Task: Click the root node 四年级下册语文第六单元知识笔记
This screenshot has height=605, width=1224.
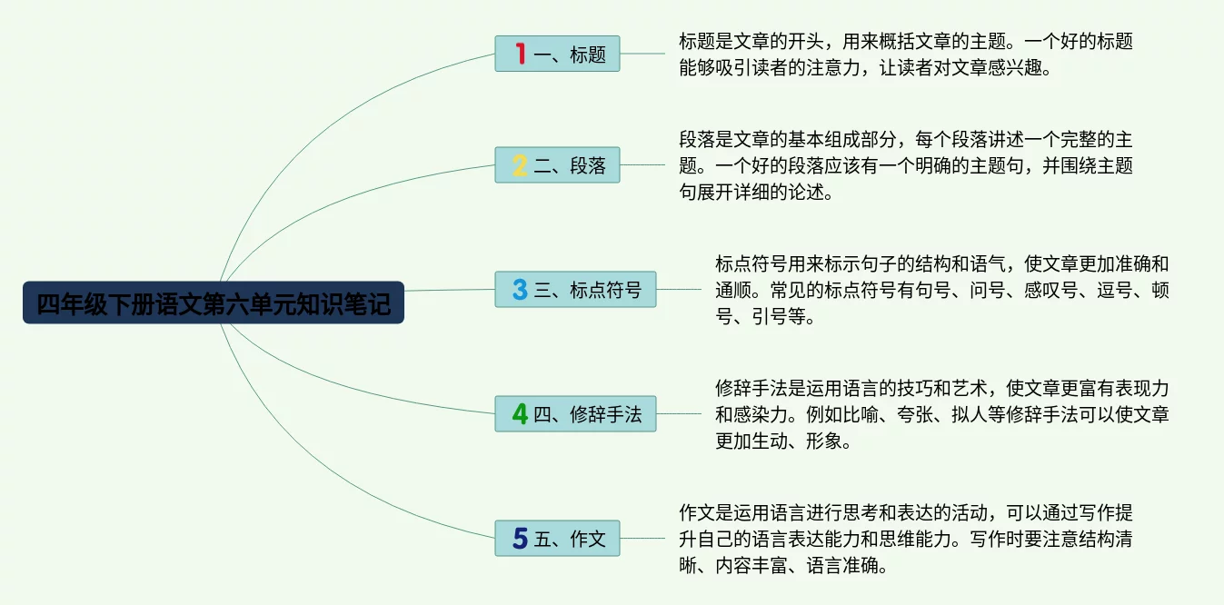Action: pyautogui.click(x=214, y=303)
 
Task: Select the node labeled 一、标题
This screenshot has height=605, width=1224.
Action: pyautogui.click(x=557, y=54)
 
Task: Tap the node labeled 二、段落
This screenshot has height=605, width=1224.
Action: pyautogui.click(x=557, y=165)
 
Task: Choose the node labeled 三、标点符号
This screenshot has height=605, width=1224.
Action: pyautogui.click(x=575, y=289)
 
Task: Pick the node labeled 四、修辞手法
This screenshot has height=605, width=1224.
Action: pyautogui.click(x=575, y=413)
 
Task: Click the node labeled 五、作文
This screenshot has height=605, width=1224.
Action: pyautogui.click(x=557, y=538)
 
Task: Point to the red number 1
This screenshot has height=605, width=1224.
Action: pyautogui.click(x=520, y=54)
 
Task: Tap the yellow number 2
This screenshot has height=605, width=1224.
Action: pyautogui.click(x=520, y=165)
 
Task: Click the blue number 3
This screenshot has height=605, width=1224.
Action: pyautogui.click(x=520, y=289)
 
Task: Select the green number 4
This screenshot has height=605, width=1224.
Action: pyautogui.click(x=520, y=413)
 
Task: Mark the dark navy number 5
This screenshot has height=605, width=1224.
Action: pyautogui.click(x=520, y=538)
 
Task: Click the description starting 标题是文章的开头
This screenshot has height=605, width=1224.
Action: pyautogui.click(x=905, y=54)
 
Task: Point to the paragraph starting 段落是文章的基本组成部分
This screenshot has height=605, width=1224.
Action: pyautogui.click(x=905, y=165)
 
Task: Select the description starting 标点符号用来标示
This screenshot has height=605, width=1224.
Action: pyautogui.click(x=941, y=290)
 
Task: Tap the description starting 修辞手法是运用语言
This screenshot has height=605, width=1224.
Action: pyautogui.click(x=941, y=414)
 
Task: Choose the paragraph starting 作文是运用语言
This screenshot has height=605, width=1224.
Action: pyautogui.click(x=905, y=538)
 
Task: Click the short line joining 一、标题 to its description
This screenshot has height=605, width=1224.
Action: pyautogui.click(x=642, y=54)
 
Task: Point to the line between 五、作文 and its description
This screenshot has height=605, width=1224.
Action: pyautogui.click(x=642, y=538)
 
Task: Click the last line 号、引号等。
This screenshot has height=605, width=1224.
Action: pyautogui.click(x=766, y=317)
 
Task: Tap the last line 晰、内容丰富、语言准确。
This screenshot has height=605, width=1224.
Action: pyautogui.click(x=782, y=566)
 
